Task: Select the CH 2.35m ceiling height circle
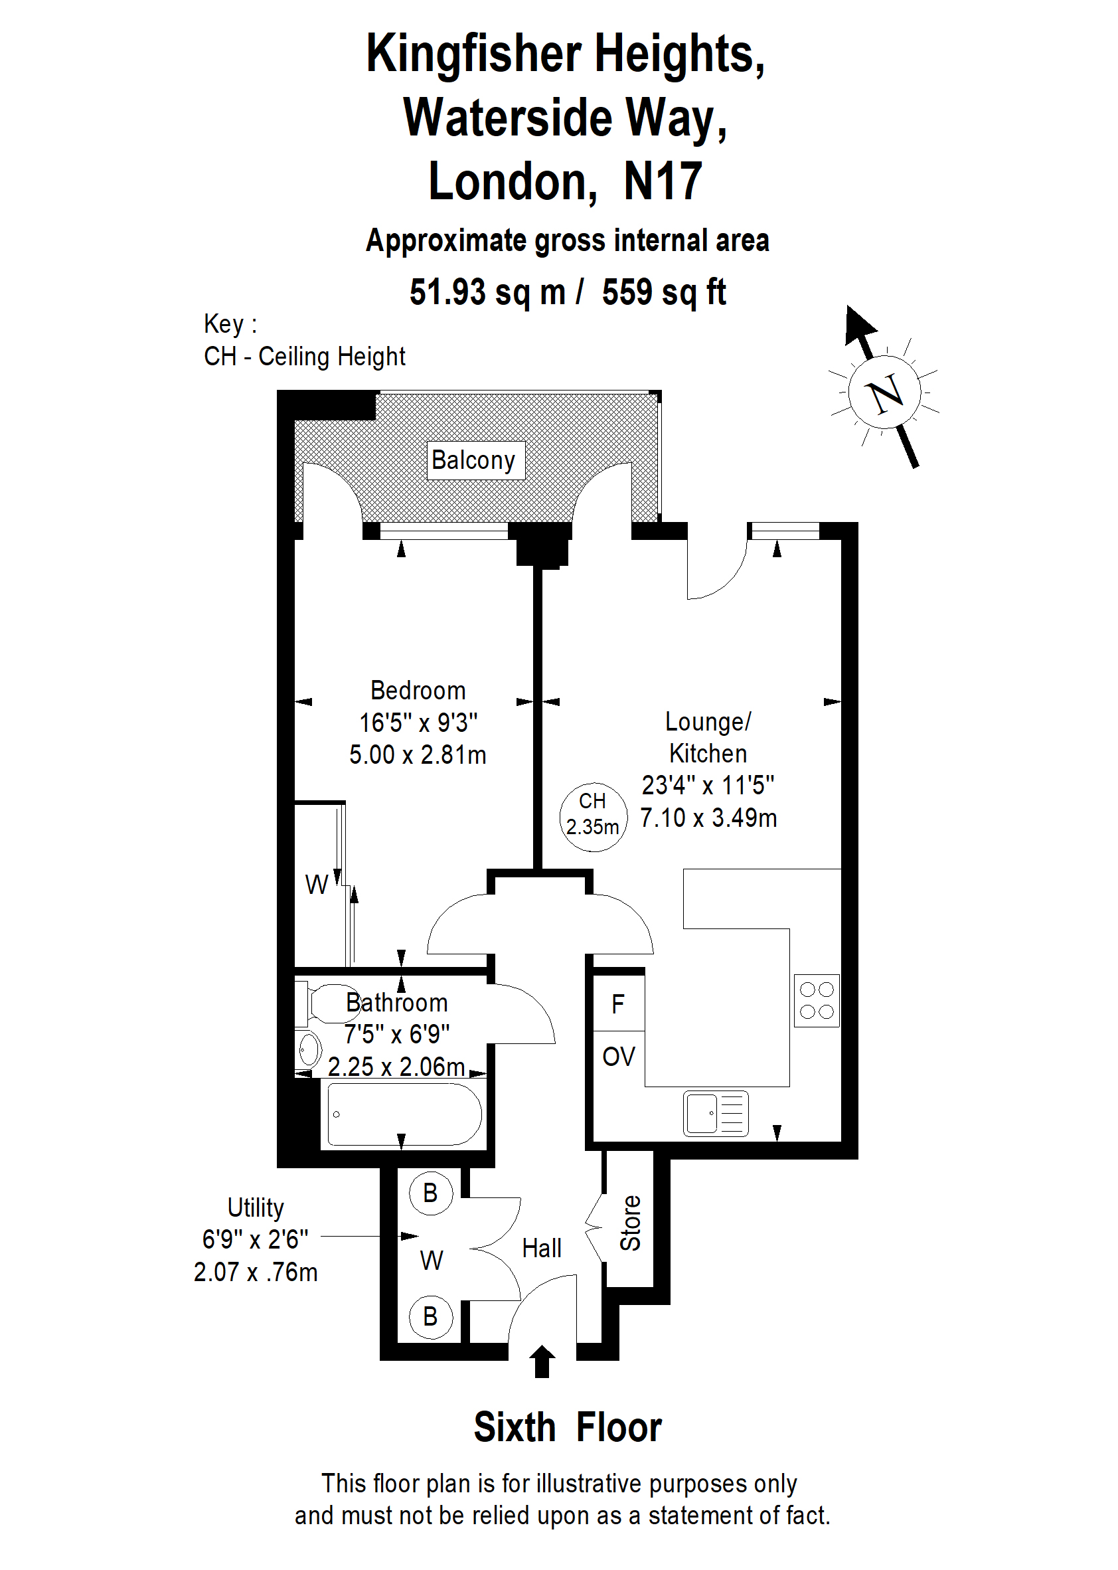click(593, 817)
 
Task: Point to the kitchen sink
click(716, 1113)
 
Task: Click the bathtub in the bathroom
click(405, 1114)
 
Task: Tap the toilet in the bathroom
click(321, 1004)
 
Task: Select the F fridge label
click(618, 1004)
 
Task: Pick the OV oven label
click(618, 1057)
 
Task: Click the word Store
click(631, 1223)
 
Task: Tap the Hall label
click(542, 1248)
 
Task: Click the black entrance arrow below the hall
click(542, 1361)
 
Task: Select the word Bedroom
click(418, 690)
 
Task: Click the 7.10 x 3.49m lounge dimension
click(708, 818)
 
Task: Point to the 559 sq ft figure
click(664, 292)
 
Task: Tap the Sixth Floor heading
click(567, 1427)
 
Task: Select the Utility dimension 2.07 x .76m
click(256, 1272)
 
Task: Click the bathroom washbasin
click(309, 1050)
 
